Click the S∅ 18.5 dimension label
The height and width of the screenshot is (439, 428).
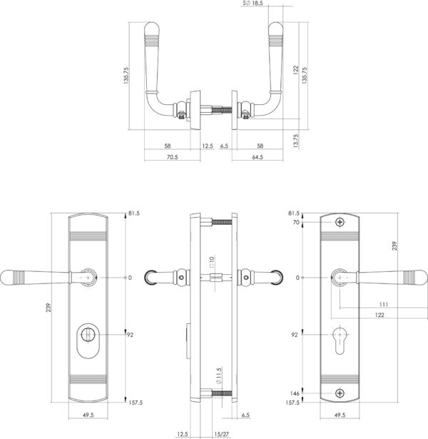[253, 4]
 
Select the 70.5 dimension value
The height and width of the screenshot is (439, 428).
[173, 157]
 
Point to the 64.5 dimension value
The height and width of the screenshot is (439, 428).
[258, 157]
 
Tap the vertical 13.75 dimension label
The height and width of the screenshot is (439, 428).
[296, 141]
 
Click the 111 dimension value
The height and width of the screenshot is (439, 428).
[384, 304]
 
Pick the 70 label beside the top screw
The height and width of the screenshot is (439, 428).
[296, 222]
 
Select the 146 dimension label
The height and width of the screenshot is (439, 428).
[295, 393]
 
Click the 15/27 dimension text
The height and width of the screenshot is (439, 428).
[222, 434]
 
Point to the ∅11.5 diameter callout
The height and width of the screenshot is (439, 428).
[218, 375]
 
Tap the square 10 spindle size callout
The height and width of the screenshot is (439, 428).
[211, 261]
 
